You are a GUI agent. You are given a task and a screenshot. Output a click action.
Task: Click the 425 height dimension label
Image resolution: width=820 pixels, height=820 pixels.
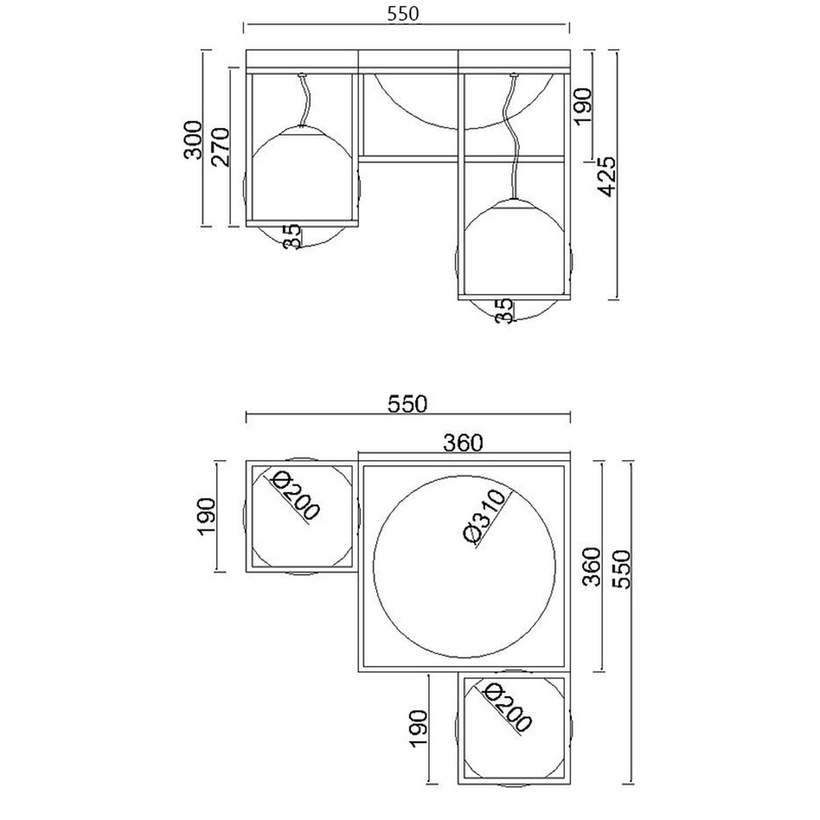click(x=606, y=176)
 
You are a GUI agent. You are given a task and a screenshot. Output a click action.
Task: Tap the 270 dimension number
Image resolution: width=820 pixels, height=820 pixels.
click(x=221, y=146)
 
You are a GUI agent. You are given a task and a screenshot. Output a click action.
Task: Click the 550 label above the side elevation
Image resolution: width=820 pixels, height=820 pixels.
click(x=404, y=14)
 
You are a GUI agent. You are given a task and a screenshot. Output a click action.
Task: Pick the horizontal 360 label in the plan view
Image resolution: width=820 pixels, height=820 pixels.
click(x=463, y=443)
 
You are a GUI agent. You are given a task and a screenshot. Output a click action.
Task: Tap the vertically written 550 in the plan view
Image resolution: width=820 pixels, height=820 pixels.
click(x=620, y=569)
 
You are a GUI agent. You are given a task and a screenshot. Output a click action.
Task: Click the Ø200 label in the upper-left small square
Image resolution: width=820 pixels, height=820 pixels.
click(x=295, y=496)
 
